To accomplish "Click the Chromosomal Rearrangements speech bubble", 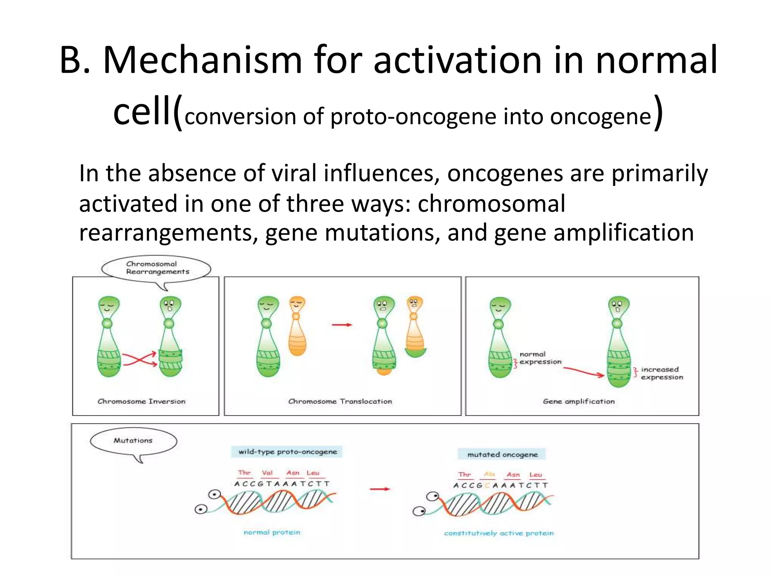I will pyautogui.click(x=156, y=268).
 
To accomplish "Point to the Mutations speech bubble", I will pyautogui.click(x=133, y=441).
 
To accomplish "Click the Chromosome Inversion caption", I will pyautogui.click(x=141, y=401).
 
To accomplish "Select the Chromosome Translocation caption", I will pyautogui.click(x=340, y=401).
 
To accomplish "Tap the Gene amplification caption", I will pyautogui.click(x=578, y=401).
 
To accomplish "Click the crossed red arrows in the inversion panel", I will pyautogui.click(x=139, y=359).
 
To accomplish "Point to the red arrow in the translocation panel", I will pyautogui.click(x=342, y=325).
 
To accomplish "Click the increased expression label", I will pyautogui.click(x=662, y=373).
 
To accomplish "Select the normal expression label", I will pyautogui.click(x=540, y=358).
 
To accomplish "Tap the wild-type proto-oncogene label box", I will pyautogui.click(x=287, y=452).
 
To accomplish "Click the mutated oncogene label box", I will pyautogui.click(x=502, y=455).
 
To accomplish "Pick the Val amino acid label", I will pyautogui.click(x=267, y=473).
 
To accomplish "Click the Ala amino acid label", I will pyautogui.click(x=489, y=474).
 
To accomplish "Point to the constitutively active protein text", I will pyautogui.click(x=499, y=533).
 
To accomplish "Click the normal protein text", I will pyautogui.click(x=272, y=532).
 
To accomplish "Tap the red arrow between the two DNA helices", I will pyautogui.click(x=380, y=489).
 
